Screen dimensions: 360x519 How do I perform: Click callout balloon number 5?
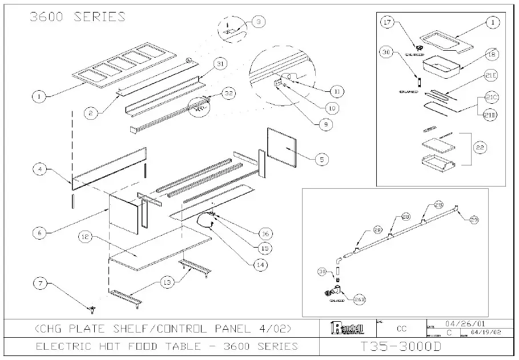[x=321, y=160]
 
